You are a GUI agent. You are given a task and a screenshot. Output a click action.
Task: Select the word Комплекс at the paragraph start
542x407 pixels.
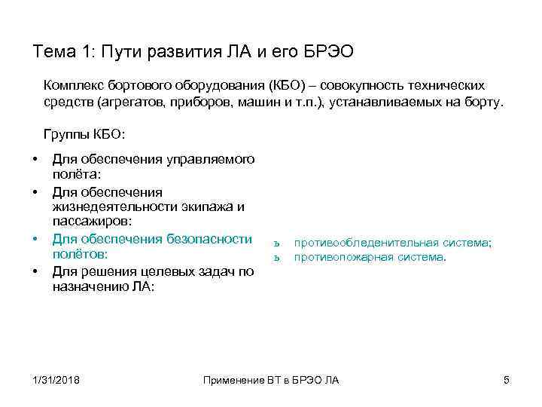coord(74,86)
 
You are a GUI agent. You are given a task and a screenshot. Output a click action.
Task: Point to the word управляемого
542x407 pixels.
coord(212,159)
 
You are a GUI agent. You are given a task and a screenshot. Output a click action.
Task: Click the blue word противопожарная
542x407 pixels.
coord(343,257)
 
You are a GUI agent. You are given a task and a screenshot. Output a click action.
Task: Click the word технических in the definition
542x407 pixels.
coord(453,86)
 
